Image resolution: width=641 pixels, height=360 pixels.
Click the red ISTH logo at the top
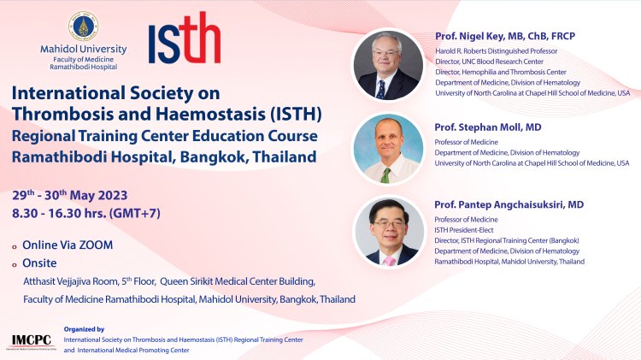tap(183, 39)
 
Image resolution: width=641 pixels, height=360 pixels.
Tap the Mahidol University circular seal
tap(79, 26)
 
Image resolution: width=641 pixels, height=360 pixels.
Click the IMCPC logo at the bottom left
tap(32, 340)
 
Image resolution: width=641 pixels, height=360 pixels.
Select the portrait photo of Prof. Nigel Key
tap(388, 65)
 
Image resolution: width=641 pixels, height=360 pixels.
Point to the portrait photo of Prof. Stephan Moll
tap(388, 149)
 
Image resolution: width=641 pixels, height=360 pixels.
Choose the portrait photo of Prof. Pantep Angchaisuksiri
tap(388, 232)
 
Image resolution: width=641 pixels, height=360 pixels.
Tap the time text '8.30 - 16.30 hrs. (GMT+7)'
tap(92, 213)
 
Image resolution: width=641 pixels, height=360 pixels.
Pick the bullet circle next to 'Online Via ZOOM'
tap(15, 245)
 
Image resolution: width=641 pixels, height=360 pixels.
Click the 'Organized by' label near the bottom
tap(84, 329)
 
